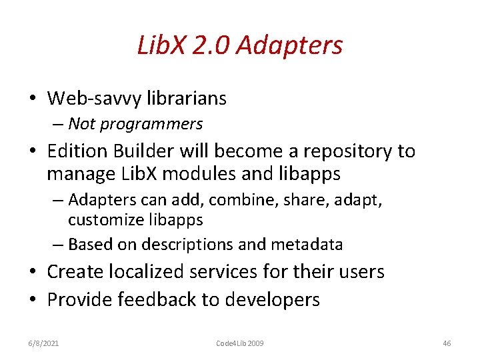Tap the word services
[239, 271]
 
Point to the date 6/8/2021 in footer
[45, 343]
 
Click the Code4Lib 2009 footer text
[240, 343]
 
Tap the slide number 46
[447, 343]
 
